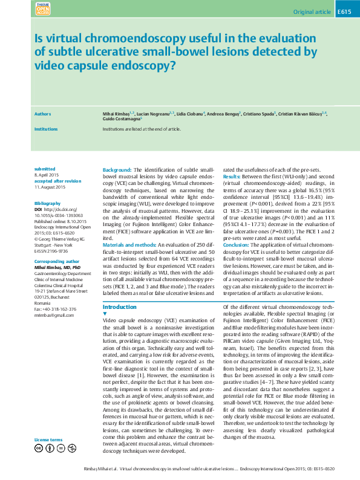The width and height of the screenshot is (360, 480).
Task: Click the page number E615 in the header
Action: coord(344,12)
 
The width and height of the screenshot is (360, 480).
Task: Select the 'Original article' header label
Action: coord(311,12)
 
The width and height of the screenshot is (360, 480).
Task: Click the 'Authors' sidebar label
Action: coord(42,114)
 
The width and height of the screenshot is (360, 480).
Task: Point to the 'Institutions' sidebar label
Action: coord(46,129)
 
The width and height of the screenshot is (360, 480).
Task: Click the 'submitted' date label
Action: coord(45,169)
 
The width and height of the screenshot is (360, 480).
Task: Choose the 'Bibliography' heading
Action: coord(48,204)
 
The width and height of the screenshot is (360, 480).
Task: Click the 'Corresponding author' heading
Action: coord(57,261)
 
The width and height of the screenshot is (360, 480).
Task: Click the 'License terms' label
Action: coord(48,439)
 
